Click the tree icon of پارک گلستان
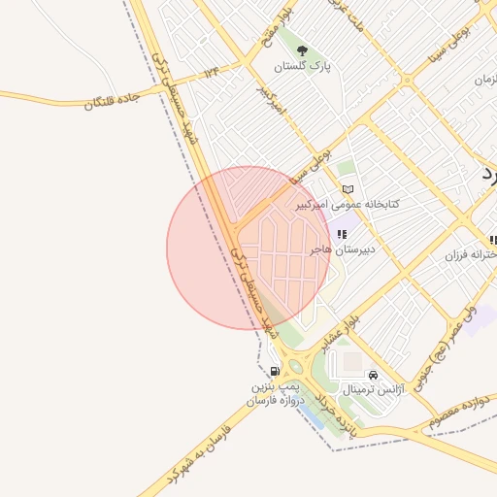pos(301,50)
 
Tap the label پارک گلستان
pos(301,67)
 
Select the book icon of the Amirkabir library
pos(348,189)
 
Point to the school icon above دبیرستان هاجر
pos(342,234)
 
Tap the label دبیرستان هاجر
pos(343,249)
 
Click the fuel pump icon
pos(276,371)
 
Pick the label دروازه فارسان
pos(275,400)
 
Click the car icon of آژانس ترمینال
pos(373,375)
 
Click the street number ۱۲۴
pos(212,72)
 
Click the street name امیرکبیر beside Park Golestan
pos(268,101)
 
